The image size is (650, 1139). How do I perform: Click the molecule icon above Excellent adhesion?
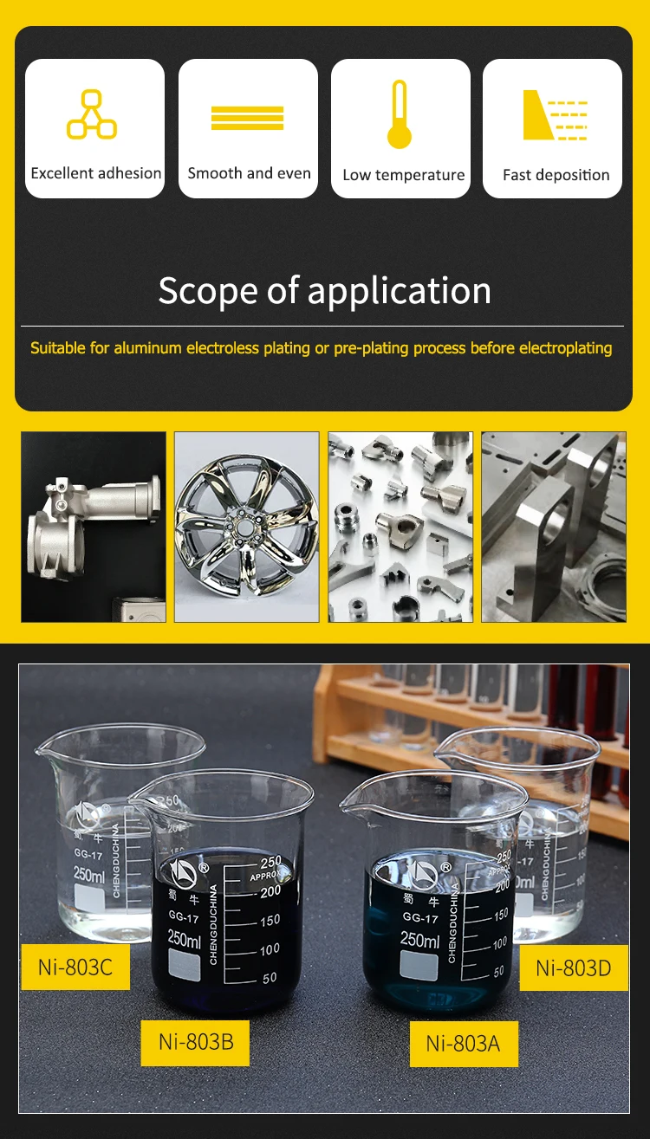pyautogui.click(x=92, y=114)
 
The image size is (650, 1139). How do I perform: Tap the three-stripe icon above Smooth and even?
pyautogui.click(x=247, y=118)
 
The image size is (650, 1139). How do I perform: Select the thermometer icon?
pyautogui.click(x=399, y=114)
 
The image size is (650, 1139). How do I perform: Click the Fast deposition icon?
pyautogui.click(x=556, y=114)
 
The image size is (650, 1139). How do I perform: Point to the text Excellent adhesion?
pyautogui.click(x=95, y=173)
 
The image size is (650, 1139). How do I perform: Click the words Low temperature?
pyautogui.click(x=403, y=175)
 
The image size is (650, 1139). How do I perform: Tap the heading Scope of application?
pyautogui.click(x=324, y=290)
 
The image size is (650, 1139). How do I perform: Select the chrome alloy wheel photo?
pyautogui.click(x=247, y=527)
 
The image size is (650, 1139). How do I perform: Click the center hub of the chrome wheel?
pyautogui.click(x=242, y=525)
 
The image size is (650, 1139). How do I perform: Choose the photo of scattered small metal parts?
pyautogui.click(x=400, y=527)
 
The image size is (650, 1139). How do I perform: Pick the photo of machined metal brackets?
pyautogui.click(x=553, y=527)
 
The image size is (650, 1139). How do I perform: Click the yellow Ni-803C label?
pyautogui.click(x=75, y=967)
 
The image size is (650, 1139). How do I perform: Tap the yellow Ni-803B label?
pyautogui.click(x=195, y=1042)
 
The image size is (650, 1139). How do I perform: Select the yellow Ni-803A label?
pyautogui.click(x=463, y=1044)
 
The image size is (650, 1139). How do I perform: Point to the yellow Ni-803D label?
pyautogui.click(x=573, y=968)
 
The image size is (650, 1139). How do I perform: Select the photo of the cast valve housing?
pyautogui.click(x=94, y=527)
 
